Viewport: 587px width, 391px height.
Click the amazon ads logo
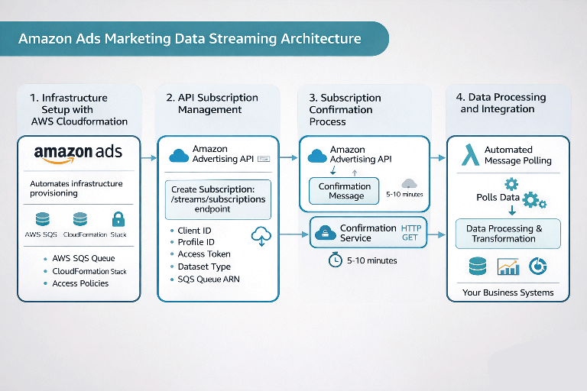tap(78, 153)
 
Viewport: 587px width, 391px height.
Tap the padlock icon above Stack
tap(118, 219)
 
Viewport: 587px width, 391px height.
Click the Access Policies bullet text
tap(80, 283)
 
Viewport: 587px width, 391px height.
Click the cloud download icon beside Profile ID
tap(261, 236)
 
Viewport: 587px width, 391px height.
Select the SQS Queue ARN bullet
tap(208, 279)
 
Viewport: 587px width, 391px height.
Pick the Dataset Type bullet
tap(203, 267)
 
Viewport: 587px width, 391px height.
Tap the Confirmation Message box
tap(344, 191)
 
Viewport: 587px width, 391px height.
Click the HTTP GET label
tap(411, 233)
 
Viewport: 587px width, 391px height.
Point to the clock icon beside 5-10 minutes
tap(335, 260)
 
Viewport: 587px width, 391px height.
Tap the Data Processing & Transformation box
tap(508, 233)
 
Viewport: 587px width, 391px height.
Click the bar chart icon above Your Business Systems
tap(508, 267)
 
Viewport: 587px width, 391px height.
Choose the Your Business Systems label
tap(508, 292)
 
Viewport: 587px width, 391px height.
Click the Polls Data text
tap(498, 198)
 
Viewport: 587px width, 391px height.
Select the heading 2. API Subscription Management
tap(212, 103)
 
